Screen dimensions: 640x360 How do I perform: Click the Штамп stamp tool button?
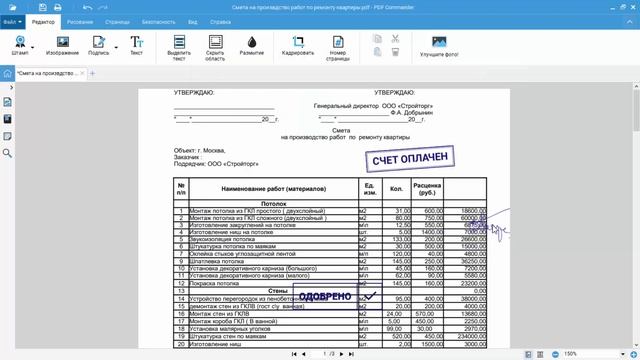19,45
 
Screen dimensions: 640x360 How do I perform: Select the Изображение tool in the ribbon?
62,45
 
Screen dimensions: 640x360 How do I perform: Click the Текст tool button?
136,45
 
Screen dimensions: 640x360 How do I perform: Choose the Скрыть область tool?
215,46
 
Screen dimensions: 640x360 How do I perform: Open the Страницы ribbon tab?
114,20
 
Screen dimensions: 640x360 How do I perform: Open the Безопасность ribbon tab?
158,20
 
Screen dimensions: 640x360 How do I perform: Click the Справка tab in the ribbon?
221,20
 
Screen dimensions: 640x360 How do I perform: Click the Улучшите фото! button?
439,45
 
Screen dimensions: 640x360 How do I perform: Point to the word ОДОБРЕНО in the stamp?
325,297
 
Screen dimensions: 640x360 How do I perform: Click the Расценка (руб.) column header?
428,188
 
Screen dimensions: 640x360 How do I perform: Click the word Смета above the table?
341,130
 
